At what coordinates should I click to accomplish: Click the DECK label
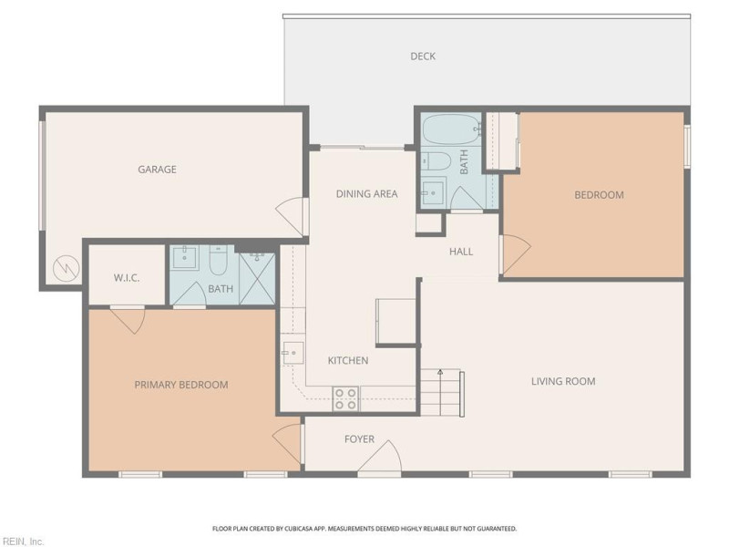coord(422,57)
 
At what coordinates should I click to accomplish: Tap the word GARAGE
coord(157,170)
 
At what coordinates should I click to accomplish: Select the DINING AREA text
coord(366,193)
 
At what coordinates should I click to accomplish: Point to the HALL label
coord(461,252)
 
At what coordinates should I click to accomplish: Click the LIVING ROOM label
coord(563,381)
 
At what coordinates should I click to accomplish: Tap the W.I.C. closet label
coord(127,278)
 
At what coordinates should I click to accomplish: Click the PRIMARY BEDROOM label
coord(181,385)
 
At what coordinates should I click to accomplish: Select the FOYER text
coord(359,439)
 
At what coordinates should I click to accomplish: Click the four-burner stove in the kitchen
coord(345,398)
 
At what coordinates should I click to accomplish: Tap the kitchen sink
coord(292,352)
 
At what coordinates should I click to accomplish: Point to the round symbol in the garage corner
coord(64,268)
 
